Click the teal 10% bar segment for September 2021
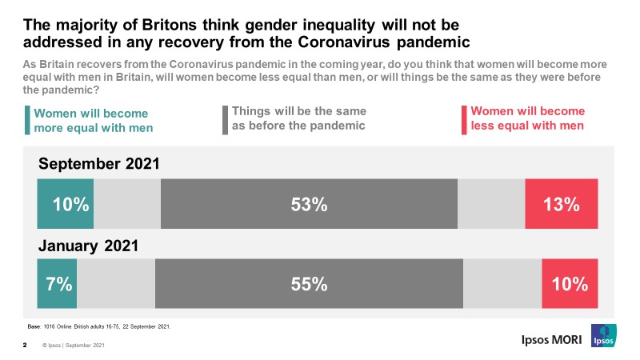pyautogui.click(x=66, y=204)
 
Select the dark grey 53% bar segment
pyautogui.click(x=309, y=204)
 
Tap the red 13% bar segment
pyautogui.click(x=562, y=204)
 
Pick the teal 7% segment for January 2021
pyautogui.click(x=58, y=283)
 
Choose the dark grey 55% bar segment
pyautogui.click(x=309, y=283)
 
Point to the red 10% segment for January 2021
pyautogui.click(x=570, y=283)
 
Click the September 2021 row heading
pyautogui.click(x=100, y=164)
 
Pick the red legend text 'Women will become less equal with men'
pyautogui.click(x=528, y=118)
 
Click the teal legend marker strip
pyautogui.click(x=28, y=120)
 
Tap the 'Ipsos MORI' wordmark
pyautogui.click(x=544, y=339)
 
